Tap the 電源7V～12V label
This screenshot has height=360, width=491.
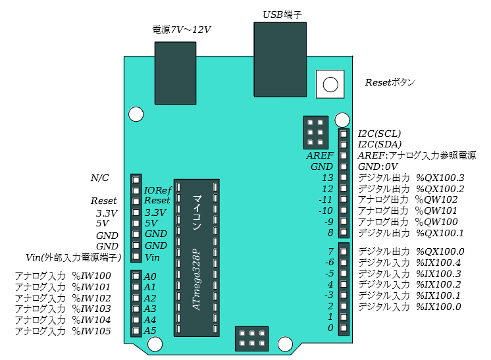tap(182, 30)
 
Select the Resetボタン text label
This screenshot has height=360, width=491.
tap(390, 83)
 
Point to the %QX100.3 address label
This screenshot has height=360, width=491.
tap(441, 178)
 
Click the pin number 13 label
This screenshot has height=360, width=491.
tap(327, 178)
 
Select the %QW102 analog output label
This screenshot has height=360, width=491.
tap(436, 199)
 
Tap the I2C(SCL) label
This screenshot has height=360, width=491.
tap(379, 134)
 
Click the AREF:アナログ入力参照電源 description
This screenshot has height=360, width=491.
tap(417, 155)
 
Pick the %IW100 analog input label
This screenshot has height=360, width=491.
tap(91, 276)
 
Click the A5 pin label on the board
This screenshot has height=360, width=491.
tap(150, 330)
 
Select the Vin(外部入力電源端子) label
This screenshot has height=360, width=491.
tap(72, 257)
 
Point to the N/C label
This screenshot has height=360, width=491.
tap(99, 178)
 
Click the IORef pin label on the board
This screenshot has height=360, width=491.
tap(157, 190)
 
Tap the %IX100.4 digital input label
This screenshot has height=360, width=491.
tap(438, 263)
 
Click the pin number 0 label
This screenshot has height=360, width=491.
tap(330, 328)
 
